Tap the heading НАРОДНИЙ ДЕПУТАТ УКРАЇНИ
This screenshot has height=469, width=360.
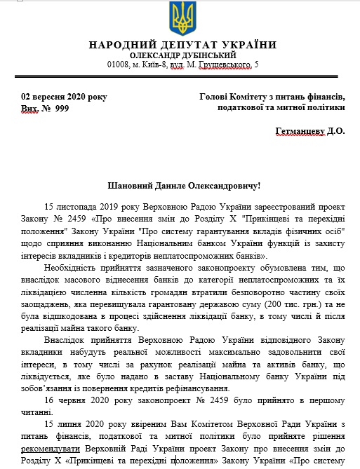click(182, 45)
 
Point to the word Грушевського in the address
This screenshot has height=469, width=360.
click(225, 65)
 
